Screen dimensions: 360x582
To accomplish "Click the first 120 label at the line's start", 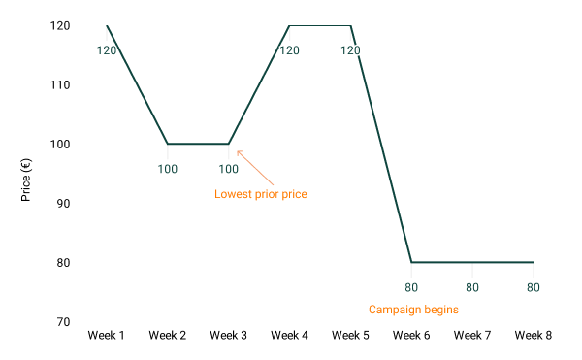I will point(107,50).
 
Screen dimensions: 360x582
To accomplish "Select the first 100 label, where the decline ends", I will point(168,169).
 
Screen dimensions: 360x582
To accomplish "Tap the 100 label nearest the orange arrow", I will point(229,169).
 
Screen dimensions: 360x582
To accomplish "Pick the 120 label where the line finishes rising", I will point(289,50).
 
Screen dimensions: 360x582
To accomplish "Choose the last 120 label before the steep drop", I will point(350,50).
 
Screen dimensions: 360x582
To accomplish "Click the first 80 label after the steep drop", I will point(411,287).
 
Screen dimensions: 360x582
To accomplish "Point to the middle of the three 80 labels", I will point(472,287).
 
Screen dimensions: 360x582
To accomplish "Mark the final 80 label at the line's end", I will point(533,287).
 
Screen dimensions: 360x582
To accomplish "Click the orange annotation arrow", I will point(255,167).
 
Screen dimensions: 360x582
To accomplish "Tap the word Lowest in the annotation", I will point(233,194).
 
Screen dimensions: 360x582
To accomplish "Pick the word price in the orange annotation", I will point(295,194).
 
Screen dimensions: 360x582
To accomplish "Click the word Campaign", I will point(392,310).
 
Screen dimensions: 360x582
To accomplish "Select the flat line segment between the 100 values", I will point(199,144).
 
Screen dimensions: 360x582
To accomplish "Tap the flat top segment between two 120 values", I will point(320,26).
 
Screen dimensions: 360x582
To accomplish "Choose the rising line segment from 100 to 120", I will point(259,85).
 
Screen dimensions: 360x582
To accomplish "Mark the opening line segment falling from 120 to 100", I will point(138,85).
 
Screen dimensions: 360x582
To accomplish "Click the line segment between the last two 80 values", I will point(502,262).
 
